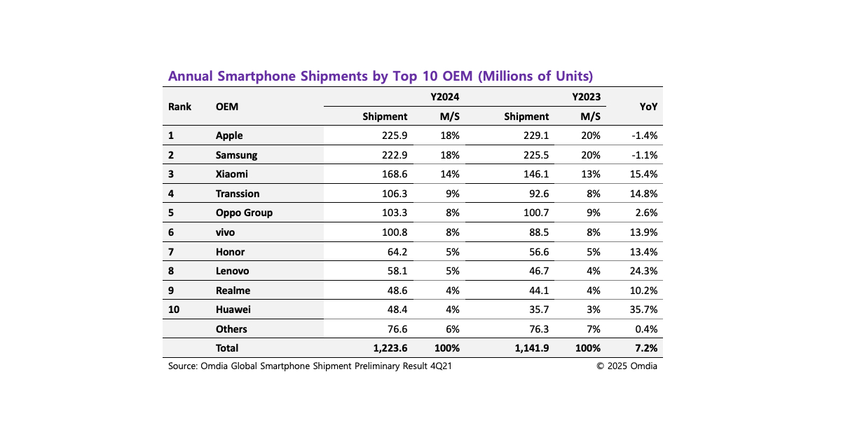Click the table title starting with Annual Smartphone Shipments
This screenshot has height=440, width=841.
tap(381, 76)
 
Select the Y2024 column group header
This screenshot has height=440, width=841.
tap(444, 97)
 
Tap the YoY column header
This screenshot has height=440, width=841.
tap(648, 107)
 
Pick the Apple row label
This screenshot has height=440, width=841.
tap(229, 135)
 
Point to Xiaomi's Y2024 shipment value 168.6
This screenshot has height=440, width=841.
tap(392, 174)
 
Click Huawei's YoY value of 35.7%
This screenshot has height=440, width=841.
tap(643, 309)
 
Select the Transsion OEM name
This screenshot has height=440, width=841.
tap(238, 194)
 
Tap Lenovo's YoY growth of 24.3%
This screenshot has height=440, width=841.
tap(643, 271)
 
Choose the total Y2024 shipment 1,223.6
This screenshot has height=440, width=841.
tap(388, 348)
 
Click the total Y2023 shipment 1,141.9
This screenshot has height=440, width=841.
tap(529, 348)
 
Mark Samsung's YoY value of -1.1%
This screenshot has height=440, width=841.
tap(643, 155)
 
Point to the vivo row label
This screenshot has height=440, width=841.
tap(226, 232)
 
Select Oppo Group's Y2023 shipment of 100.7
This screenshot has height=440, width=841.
tap(534, 213)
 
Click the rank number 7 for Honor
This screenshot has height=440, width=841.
tap(171, 252)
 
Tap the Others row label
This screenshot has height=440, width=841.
tap(231, 329)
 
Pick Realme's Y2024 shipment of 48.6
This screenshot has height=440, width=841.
tap(395, 291)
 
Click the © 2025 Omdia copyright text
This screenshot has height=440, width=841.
tap(627, 366)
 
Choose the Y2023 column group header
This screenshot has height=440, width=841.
tap(586, 97)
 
